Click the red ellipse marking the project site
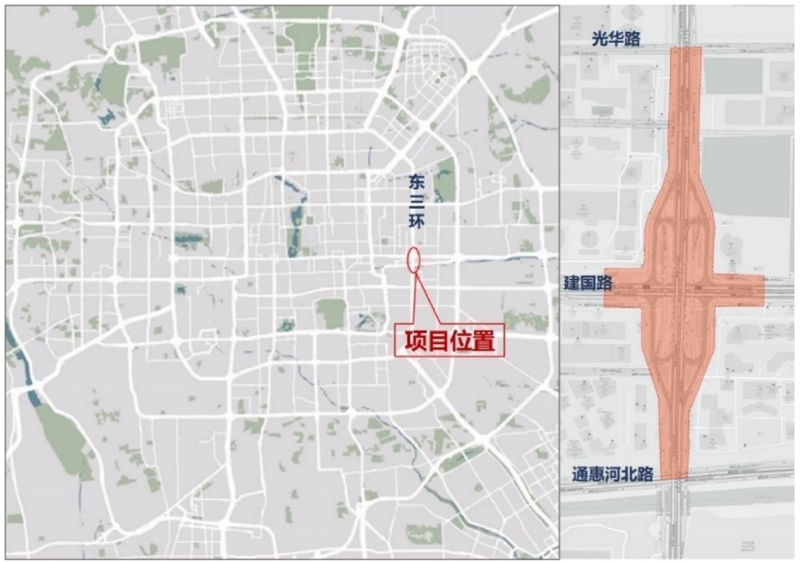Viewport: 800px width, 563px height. (414, 258)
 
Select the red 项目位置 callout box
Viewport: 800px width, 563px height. (449, 341)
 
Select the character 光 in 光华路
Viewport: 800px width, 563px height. (600, 38)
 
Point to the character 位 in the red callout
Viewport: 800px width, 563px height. (461, 341)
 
